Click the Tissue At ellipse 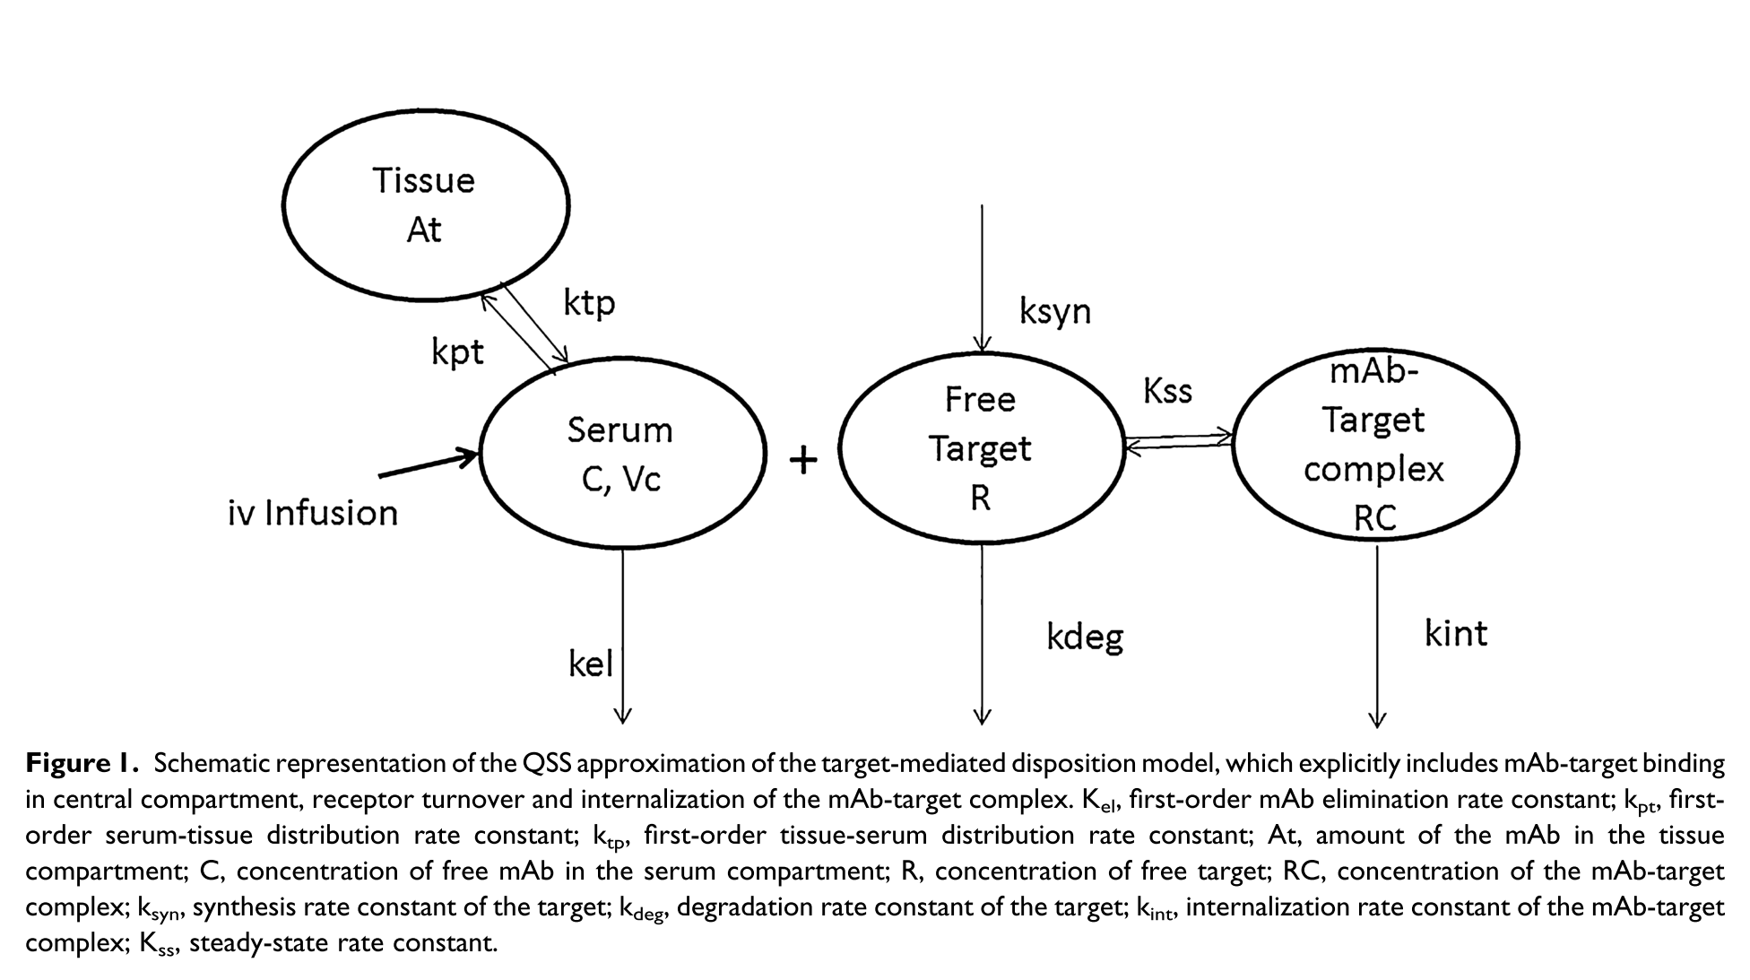point(426,204)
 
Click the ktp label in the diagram point(589,303)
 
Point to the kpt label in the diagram point(457,352)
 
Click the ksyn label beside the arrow point(1055,311)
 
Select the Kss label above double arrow point(1167,391)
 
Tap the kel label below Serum point(591,664)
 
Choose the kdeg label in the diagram point(1085,637)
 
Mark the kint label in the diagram point(1456,634)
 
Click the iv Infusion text point(313,514)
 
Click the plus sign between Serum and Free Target point(803,461)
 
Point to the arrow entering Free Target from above point(982,278)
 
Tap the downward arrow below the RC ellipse point(1377,637)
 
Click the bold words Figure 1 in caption point(81,763)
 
